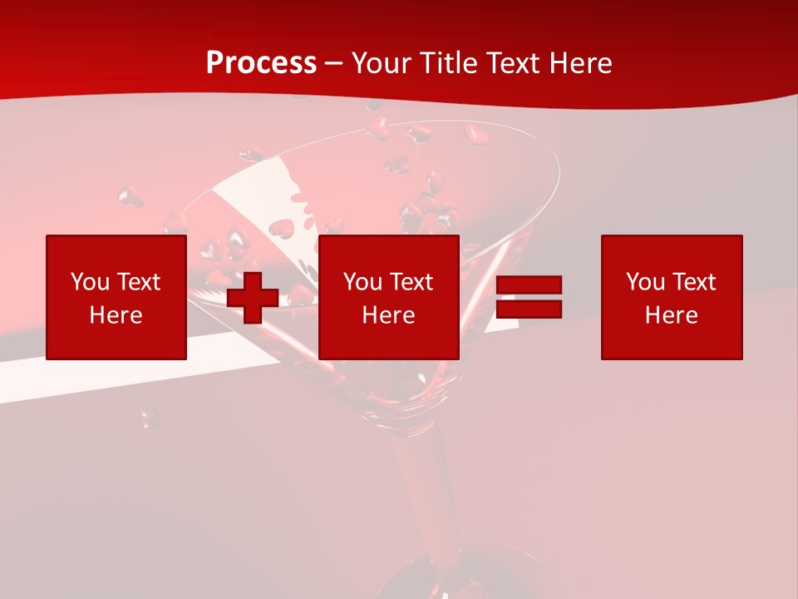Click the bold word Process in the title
(x=261, y=63)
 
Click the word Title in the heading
(x=447, y=63)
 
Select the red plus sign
(x=253, y=298)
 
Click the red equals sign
(x=530, y=297)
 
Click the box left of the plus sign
(x=116, y=297)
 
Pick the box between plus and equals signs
(x=389, y=297)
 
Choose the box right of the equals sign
(x=672, y=297)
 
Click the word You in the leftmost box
(x=90, y=282)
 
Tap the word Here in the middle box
(x=389, y=315)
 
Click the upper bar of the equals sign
(x=530, y=285)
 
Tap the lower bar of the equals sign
(x=530, y=309)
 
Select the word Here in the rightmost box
(x=672, y=315)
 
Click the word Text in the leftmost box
(x=137, y=282)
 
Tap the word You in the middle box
(x=362, y=282)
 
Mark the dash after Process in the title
(x=333, y=64)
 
